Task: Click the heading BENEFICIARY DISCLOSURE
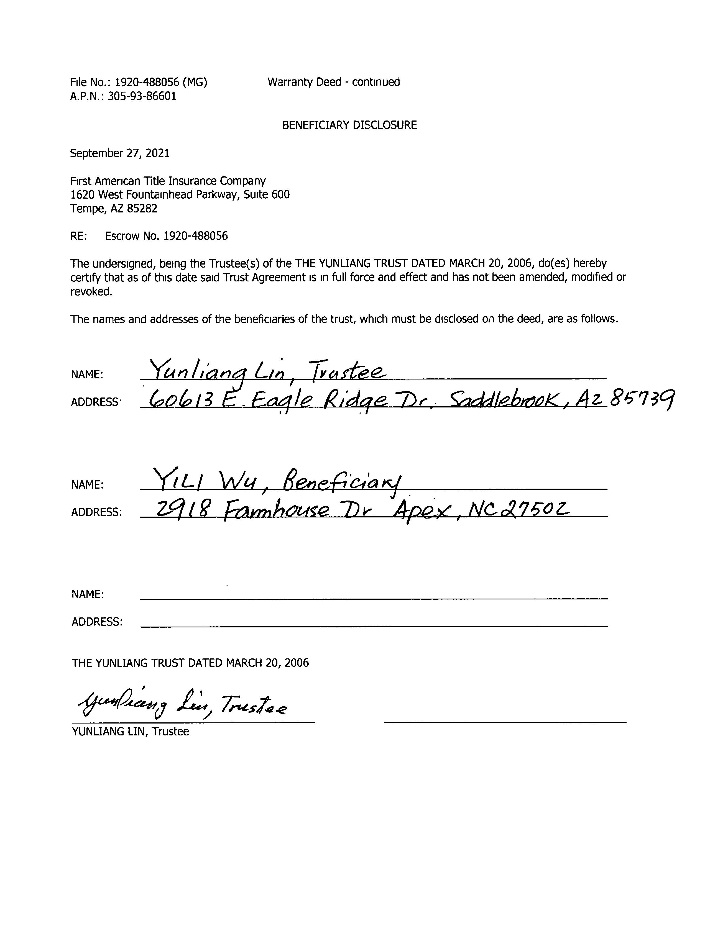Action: pyautogui.click(x=349, y=125)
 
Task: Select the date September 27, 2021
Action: pyautogui.click(x=120, y=153)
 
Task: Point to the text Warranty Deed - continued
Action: pyautogui.click(x=333, y=82)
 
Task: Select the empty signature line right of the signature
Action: pyautogui.click(x=505, y=721)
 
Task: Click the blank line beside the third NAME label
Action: pyautogui.click(x=374, y=599)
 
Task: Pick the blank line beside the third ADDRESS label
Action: pyautogui.click(x=374, y=626)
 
